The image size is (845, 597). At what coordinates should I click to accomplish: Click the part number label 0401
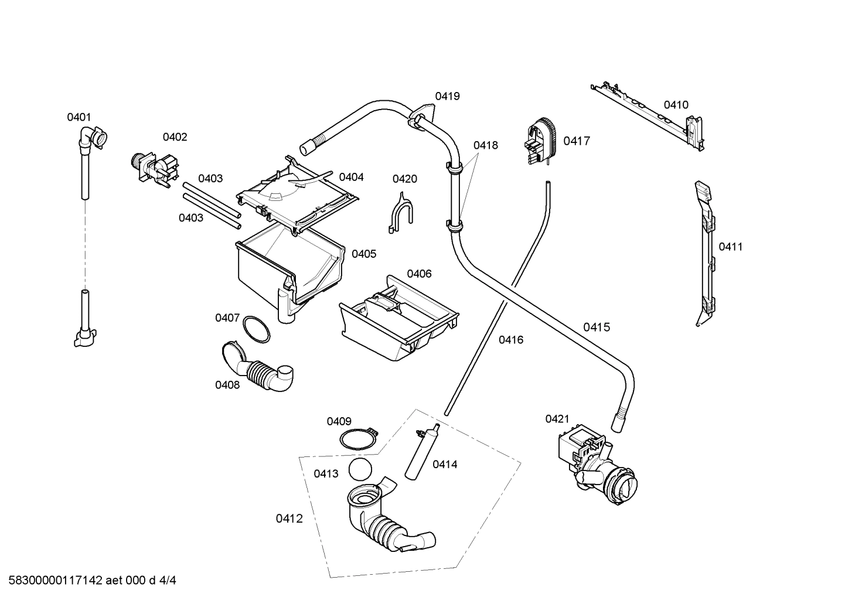(x=79, y=117)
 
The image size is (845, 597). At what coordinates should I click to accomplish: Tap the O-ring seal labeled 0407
(x=257, y=329)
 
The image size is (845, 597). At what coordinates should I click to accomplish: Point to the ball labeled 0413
(x=360, y=470)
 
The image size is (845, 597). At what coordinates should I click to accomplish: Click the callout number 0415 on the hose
(x=596, y=328)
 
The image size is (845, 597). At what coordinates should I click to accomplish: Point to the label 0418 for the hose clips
(x=485, y=145)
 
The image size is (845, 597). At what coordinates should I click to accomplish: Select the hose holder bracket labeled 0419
(x=422, y=114)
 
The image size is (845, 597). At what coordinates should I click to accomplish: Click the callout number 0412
(x=289, y=518)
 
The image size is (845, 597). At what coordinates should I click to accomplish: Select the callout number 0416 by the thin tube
(x=511, y=340)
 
